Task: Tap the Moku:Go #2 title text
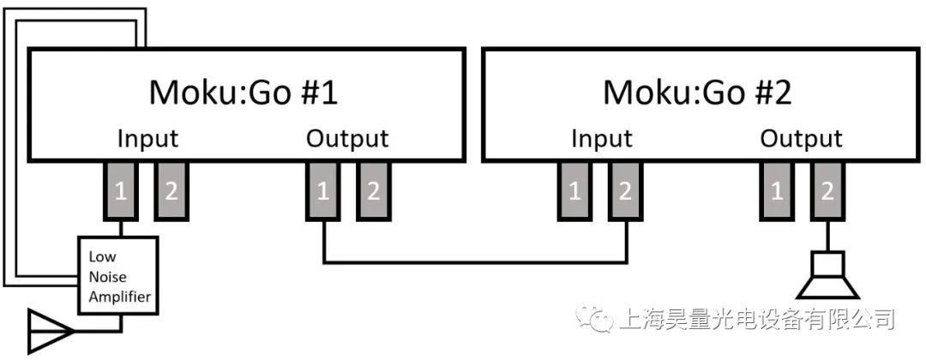[x=697, y=93]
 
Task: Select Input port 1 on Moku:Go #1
[x=121, y=191]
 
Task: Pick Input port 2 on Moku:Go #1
[x=171, y=191]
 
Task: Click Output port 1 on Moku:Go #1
[x=323, y=191]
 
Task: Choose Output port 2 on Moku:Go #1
[x=372, y=191]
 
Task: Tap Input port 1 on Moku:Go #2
[x=575, y=191]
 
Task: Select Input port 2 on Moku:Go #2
[x=625, y=191]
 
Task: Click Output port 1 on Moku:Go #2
[x=777, y=191]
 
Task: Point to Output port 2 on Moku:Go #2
[x=826, y=191]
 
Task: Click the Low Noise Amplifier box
[x=120, y=274]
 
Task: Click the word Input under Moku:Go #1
[x=147, y=139]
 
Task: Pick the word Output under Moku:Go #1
[x=347, y=139]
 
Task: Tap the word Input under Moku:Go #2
[x=601, y=139]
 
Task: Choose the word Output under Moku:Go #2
[x=802, y=139]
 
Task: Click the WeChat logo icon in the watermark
[x=592, y=319]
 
